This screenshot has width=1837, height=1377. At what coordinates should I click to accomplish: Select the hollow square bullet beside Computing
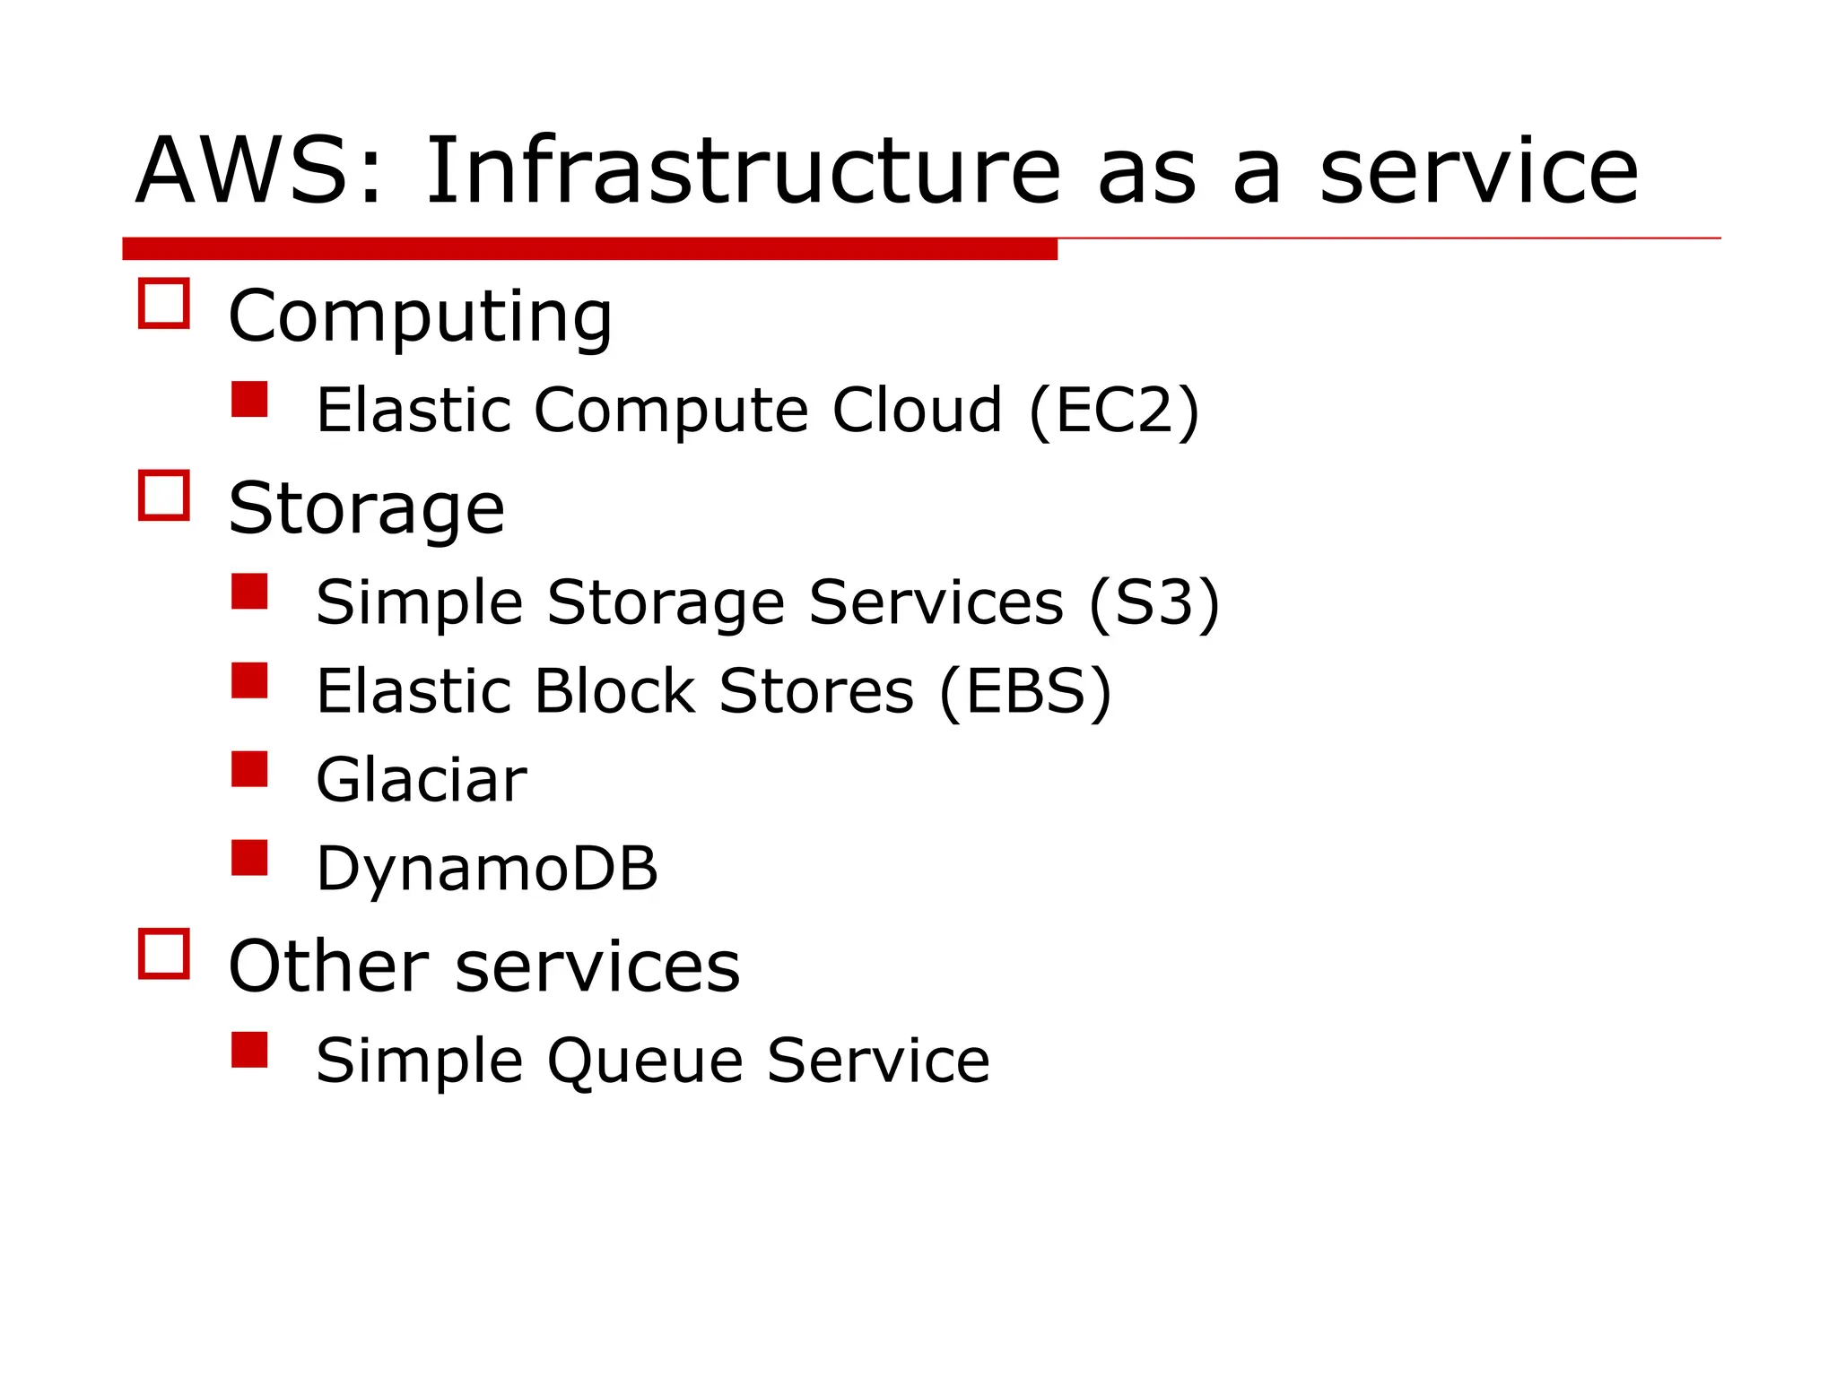click(164, 304)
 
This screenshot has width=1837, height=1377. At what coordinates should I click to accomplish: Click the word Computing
click(420, 317)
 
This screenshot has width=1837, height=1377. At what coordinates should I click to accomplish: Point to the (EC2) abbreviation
click(1113, 411)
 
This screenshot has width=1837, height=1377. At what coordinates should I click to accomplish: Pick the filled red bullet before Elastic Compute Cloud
click(249, 400)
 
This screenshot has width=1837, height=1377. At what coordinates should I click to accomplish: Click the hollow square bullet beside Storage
click(164, 495)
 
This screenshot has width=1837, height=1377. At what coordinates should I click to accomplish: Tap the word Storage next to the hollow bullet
click(366, 508)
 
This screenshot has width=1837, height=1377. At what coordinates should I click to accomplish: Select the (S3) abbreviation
click(1154, 602)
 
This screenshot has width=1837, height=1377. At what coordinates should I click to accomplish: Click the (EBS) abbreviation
click(1025, 691)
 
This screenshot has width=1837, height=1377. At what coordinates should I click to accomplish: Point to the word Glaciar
click(421, 780)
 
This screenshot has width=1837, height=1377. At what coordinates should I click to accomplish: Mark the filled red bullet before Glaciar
click(249, 769)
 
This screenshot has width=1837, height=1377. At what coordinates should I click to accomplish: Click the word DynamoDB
click(487, 869)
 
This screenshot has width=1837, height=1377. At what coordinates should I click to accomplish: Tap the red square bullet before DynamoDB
click(249, 858)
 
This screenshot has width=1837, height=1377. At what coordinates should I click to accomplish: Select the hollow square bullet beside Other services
click(164, 954)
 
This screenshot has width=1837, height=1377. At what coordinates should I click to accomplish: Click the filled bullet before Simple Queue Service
click(249, 1050)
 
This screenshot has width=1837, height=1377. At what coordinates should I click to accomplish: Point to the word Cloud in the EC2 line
click(917, 411)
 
